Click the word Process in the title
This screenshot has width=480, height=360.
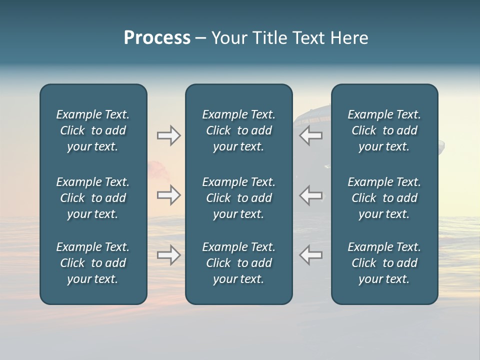click(x=157, y=38)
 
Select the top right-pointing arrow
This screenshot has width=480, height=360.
click(x=168, y=135)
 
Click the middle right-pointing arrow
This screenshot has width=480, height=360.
click(x=168, y=195)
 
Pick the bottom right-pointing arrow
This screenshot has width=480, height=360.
click(x=168, y=255)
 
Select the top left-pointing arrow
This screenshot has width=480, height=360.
click(x=311, y=135)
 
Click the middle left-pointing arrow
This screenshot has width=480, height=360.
click(x=311, y=195)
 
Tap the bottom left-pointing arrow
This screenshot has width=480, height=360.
click(x=311, y=255)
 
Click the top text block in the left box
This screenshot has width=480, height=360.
click(x=93, y=130)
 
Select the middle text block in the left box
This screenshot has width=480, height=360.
click(x=93, y=198)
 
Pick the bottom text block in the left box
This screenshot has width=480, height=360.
click(x=93, y=263)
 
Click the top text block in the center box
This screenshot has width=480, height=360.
click(x=238, y=130)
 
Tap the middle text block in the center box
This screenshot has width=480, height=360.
click(x=238, y=198)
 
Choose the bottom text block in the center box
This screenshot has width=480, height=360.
click(x=238, y=263)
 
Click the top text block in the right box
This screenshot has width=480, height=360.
click(x=384, y=130)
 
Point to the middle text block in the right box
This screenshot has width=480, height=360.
click(x=384, y=198)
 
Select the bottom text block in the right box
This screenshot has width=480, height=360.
click(x=384, y=263)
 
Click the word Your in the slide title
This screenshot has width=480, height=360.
click(x=228, y=38)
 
